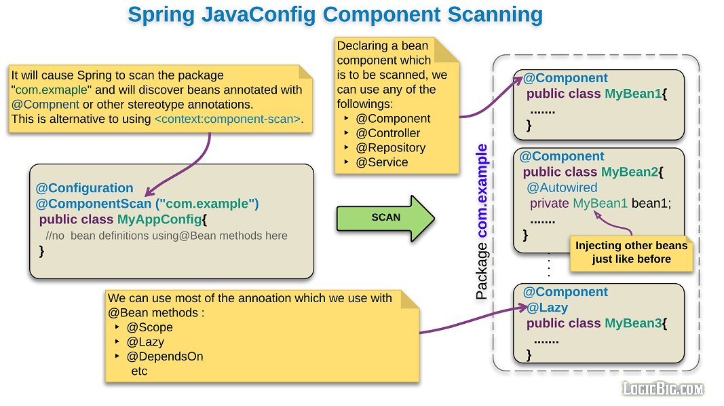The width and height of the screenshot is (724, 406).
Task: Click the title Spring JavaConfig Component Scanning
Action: coord(335,15)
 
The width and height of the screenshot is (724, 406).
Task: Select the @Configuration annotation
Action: coord(84,188)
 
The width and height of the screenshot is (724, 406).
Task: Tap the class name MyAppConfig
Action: coord(159,219)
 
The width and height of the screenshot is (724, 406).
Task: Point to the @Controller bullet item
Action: coord(387,133)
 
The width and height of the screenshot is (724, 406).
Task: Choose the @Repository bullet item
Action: coord(390,147)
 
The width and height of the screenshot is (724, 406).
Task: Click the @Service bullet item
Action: coord(381,162)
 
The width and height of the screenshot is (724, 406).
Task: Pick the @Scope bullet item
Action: coord(149,327)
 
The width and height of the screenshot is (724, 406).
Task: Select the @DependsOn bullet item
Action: coord(164,356)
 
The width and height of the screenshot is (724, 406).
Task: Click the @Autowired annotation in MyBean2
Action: coord(562,187)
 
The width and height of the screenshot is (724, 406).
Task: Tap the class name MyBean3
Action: coord(632,323)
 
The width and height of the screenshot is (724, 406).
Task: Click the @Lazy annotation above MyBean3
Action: coord(548,308)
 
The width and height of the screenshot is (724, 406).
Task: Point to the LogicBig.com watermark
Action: coord(663,388)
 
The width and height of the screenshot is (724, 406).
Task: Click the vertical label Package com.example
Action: coord(482,222)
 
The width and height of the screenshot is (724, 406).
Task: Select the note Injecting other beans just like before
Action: coord(631,253)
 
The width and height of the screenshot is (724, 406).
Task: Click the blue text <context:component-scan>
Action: coord(227,119)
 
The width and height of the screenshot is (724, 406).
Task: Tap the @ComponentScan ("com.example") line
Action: coord(147,204)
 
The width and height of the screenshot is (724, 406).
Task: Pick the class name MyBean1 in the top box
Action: coord(632,94)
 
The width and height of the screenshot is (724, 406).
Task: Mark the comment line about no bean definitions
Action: coord(166,236)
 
